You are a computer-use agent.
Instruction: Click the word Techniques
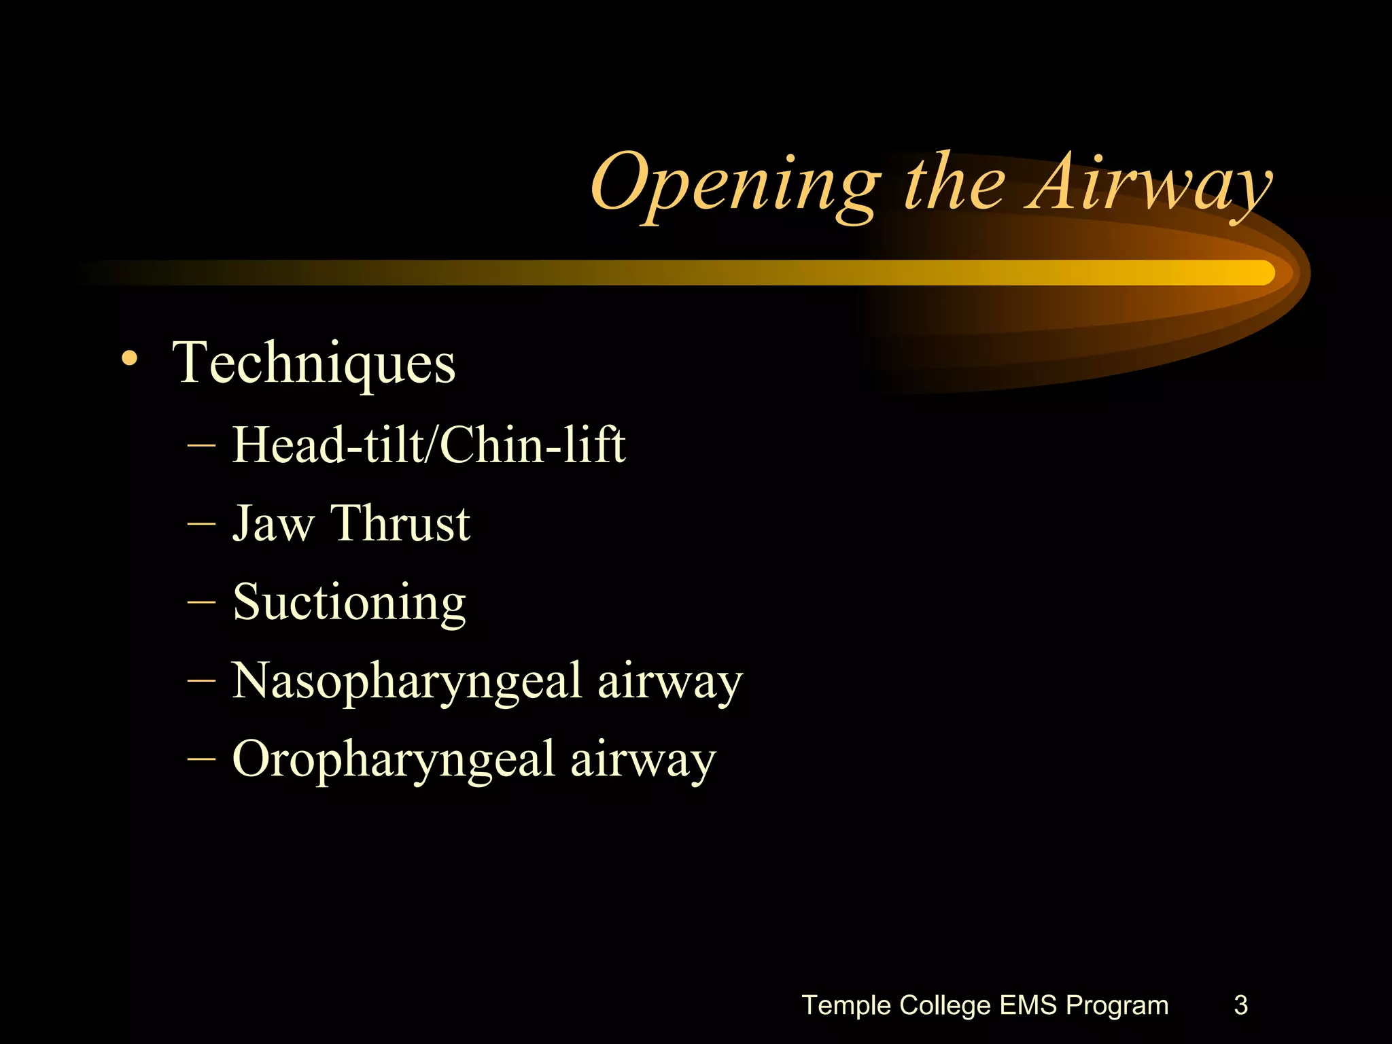click(314, 363)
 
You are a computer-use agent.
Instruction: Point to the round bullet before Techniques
click(129, 358)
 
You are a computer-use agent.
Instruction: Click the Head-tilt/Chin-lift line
click(428, 445)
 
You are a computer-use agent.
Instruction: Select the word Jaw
click(273, 524)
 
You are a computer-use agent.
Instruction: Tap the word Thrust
click(400, 523)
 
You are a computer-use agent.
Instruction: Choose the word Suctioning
click(349, 603)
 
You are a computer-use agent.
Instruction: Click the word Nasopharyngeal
click(407, 682)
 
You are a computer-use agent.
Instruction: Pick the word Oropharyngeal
click(394, 760)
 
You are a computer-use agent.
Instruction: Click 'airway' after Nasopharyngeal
click(670, 682)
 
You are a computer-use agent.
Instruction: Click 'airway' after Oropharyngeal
click(643, 760)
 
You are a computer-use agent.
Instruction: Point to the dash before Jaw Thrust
click(201, 524)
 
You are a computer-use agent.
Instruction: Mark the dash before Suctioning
click(201, 602)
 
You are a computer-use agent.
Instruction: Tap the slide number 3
click(1240, 1005)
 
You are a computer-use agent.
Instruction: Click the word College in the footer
click(945, 1005)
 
